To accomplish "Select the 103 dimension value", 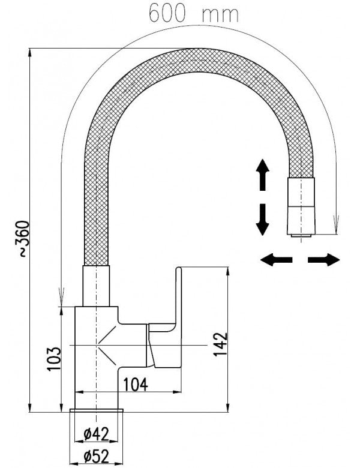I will click(x=54, y=359).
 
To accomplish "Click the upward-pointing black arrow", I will click(x=262, y=175).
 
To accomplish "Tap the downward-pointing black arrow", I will click(x=262, y=219).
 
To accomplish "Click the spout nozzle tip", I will click(x=299, y=235).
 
